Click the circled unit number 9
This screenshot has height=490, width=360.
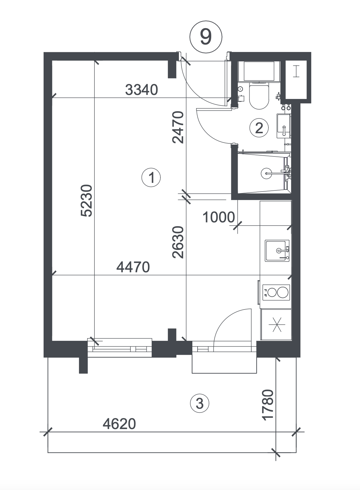206,37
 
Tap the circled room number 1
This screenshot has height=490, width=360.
151,177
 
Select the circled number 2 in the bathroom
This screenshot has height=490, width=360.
259,128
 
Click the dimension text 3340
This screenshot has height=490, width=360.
142,90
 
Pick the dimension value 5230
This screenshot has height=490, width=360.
86,201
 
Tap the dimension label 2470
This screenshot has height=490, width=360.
178,127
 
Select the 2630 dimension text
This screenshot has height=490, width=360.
178,242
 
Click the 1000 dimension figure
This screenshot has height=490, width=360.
218,217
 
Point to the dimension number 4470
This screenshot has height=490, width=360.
133,267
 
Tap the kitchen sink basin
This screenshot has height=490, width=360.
277,251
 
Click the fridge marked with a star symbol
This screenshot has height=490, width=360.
276,325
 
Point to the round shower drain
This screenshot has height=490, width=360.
266,173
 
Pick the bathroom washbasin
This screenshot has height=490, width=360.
284,126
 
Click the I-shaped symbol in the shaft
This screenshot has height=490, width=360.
296,71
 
